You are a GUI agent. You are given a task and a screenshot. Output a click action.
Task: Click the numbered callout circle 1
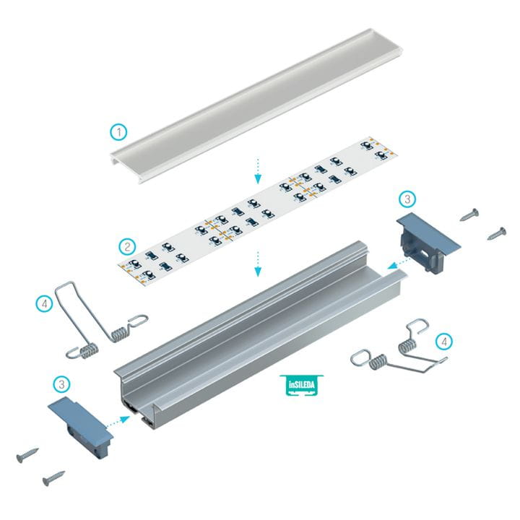118,132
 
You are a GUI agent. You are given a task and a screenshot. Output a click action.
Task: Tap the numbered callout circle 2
127,247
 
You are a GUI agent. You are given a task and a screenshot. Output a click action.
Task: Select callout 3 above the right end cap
407,199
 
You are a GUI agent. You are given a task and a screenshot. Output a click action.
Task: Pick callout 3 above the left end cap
61,384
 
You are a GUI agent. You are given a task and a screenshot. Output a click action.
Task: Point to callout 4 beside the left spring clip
45,303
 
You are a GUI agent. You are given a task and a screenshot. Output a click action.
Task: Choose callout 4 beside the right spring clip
444,341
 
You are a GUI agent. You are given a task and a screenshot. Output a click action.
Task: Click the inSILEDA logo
301,385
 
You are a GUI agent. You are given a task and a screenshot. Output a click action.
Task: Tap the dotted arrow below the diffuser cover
258,171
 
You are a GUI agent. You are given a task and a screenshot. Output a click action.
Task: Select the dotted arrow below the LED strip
258,264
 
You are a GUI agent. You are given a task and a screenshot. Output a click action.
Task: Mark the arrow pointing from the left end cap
118,421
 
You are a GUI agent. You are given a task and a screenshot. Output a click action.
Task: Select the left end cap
81,426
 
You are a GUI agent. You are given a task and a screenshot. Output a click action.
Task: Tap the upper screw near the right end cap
469,214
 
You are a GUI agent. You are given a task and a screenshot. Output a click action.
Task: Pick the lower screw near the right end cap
496,233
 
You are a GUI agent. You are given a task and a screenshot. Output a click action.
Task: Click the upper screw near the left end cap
27,455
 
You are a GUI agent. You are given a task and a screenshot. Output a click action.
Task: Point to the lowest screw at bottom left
53,478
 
